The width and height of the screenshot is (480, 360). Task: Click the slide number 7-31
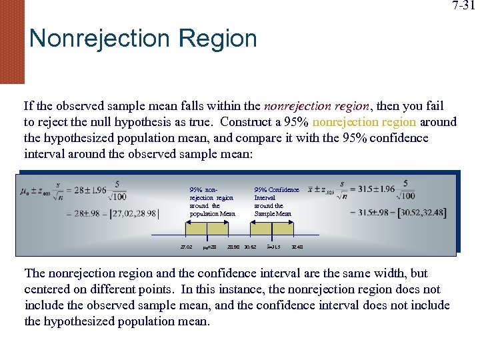(x=464, y=7)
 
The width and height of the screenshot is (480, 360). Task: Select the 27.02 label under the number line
(x=186, y=247)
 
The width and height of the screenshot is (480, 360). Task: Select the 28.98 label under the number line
(x=233, y=247)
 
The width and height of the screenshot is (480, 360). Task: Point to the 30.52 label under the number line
(x=250, y=247)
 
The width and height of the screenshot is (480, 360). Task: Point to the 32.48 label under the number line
(x=297, y=247)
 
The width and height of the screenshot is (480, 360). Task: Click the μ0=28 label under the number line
(x=209, y=247)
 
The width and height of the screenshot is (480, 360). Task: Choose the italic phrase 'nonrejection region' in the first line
(x=316, y=106)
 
